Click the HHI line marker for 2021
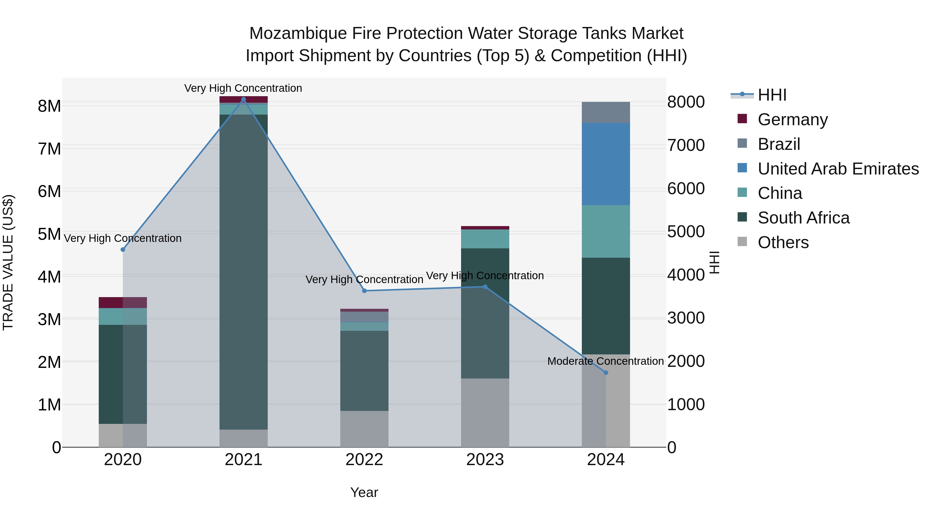point(243,100)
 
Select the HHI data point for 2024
point(606,373)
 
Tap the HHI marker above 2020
point(123,250)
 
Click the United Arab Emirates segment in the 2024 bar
point(606,164)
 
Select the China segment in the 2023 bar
point(485,239)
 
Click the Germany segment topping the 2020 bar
point(123,303)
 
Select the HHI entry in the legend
point(772,95)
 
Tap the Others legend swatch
point(742,242)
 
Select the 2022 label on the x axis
point(364,460)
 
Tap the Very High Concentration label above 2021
point(243,88)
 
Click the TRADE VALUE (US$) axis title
point(8,262)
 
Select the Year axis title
point(364,492)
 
